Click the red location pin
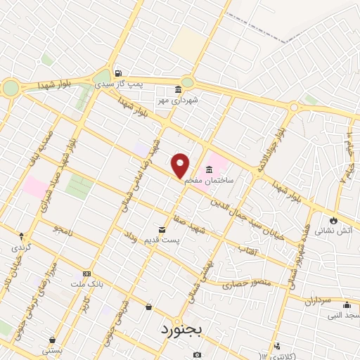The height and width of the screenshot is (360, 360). pyautogui.click(x=181, y=165)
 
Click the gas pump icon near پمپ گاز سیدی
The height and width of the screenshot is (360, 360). pyautogui.click(x=118, y=72)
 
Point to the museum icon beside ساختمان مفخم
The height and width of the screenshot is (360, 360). pyautogui.click(x=210, y=169)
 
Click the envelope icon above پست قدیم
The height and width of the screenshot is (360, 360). pyautogui.click(x=163, y=230)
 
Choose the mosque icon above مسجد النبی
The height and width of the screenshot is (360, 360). pyautogui.click(x=346, y=304)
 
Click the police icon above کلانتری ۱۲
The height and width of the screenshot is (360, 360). pyautogui.click(x=277, y=346)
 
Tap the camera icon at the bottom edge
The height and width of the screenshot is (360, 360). pyautogui.click(x=197, y=354)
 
